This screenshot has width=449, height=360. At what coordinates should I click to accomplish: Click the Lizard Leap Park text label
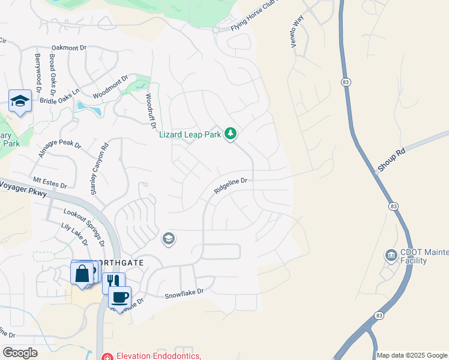click(x=190, y=134)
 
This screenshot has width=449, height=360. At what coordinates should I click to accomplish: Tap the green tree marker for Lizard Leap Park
click(x=231, y=134)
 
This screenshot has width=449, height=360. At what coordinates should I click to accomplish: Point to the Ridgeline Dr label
click(x=231, y=185)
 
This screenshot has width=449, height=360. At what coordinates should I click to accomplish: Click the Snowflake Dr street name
click(x=184, y=293)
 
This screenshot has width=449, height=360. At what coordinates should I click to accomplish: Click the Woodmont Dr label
click(x=111, y=88)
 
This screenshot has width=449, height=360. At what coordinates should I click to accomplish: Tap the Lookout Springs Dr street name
click(x=84, y=227)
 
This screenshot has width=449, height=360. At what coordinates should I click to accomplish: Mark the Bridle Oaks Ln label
click(x=59, y=97)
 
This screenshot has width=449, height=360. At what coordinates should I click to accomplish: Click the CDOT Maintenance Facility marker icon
click(x=391, y=256)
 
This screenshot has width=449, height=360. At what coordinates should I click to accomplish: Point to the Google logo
click(x=20, y=353)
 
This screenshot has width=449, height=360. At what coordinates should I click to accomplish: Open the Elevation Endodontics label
click(x=158, y=355)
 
